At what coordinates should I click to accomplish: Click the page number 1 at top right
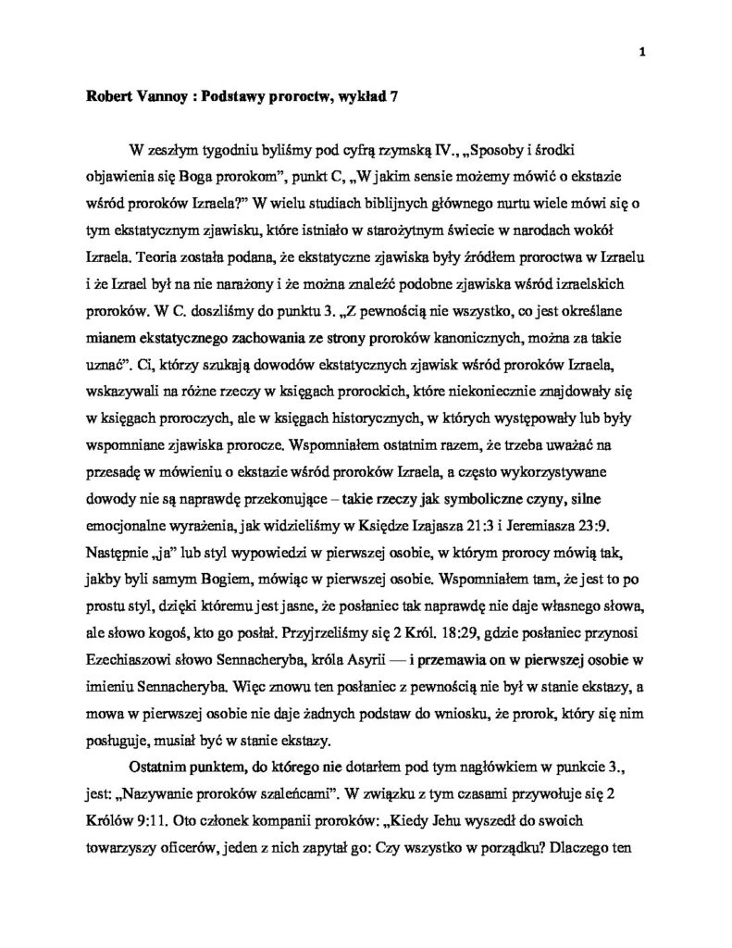[640, 52]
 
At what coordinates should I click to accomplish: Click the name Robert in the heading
[98, 95]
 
